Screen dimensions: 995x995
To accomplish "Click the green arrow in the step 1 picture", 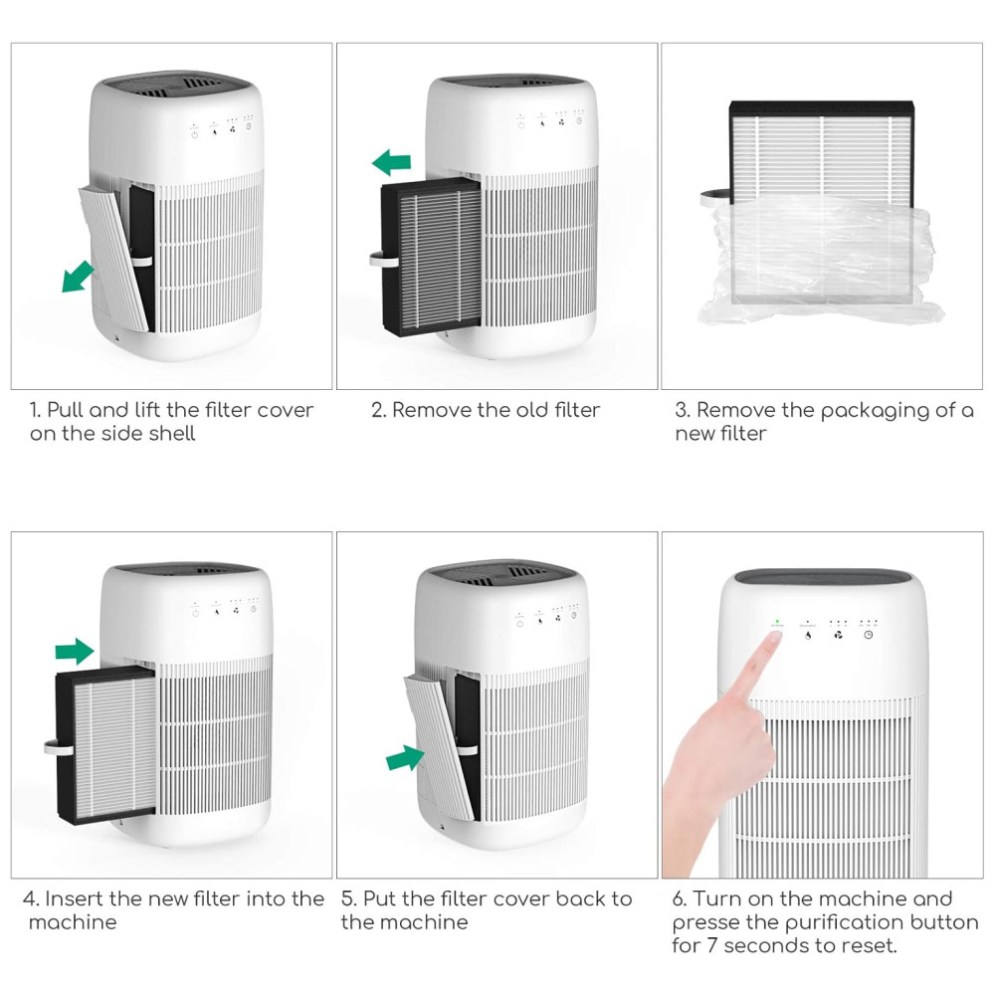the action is tap(78, 278).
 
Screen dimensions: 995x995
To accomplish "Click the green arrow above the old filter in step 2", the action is tap(391, 162).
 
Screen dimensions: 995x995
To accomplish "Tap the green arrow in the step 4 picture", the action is tap(75, 651).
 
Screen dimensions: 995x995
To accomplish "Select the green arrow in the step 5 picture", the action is tap(406, 757).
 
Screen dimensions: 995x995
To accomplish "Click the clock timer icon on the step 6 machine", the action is tap(868, 635).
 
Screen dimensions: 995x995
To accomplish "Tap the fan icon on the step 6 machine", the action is tap(838, 635).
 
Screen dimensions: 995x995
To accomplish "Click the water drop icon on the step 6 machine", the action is tap(808, 635).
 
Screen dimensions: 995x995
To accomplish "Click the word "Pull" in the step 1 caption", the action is tap(66, 410).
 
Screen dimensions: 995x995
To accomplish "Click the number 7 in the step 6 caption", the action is tap(711, 945).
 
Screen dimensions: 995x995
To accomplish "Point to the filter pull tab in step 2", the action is tap(384, 260).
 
